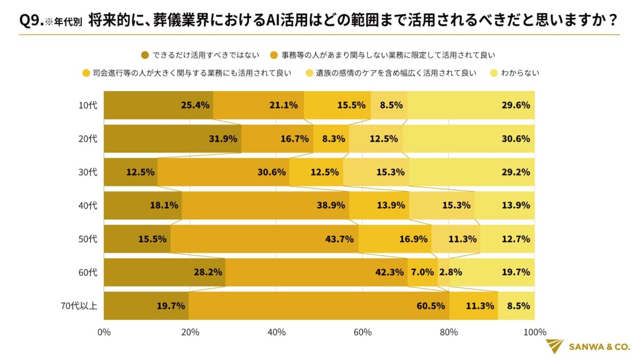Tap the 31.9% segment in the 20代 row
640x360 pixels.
tap(172, 139)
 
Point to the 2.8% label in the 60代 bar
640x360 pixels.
tap(450, 273)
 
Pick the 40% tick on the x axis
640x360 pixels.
tap(276, 332)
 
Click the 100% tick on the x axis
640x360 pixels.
tap(535, 332)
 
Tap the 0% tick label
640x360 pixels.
tap(104, 332)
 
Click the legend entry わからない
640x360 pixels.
tap(519, 73)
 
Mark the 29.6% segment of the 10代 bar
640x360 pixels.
tap(471, 105)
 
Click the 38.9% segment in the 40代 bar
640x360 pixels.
tap(266, 205)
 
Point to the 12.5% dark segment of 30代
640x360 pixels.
tap(131, 172)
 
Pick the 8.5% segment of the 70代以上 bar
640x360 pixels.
tap(516, 306)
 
